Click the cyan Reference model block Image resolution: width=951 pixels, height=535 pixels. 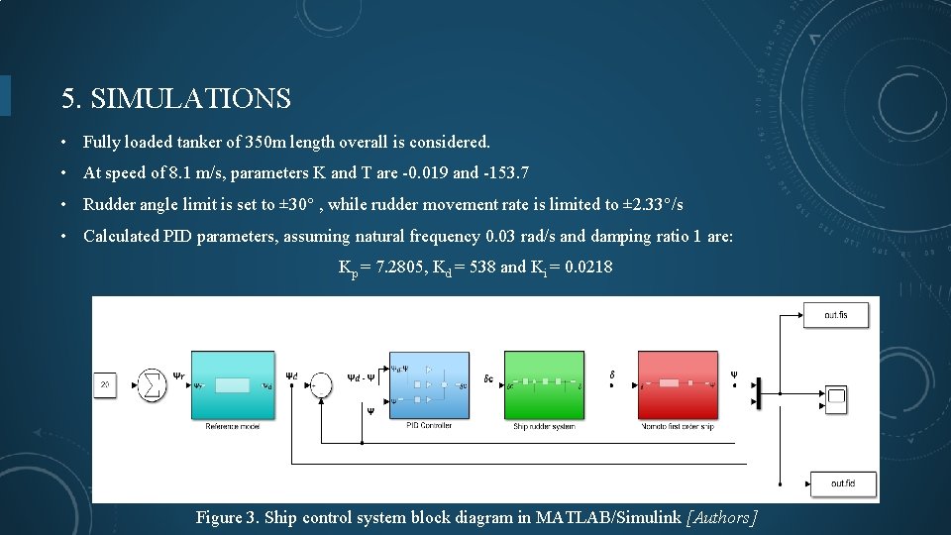tap(232, 384)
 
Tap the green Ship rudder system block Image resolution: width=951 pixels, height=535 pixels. tap(544, 384)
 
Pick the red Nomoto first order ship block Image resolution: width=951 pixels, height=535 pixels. tap(678, 384)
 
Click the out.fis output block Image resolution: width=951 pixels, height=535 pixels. tap(835, 315)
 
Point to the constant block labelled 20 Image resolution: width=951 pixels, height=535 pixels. tap(105, 383)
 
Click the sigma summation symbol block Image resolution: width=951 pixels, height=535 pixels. tap(152, 383)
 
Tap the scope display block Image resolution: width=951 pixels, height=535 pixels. tap(837, 399)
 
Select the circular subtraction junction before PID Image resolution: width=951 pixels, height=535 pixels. tap(321, 384)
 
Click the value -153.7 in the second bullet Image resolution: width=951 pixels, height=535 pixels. tap(505, 173)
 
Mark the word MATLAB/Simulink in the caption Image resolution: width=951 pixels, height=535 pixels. tap(607, 517)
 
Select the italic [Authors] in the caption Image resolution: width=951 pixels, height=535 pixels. tap(721, 517)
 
